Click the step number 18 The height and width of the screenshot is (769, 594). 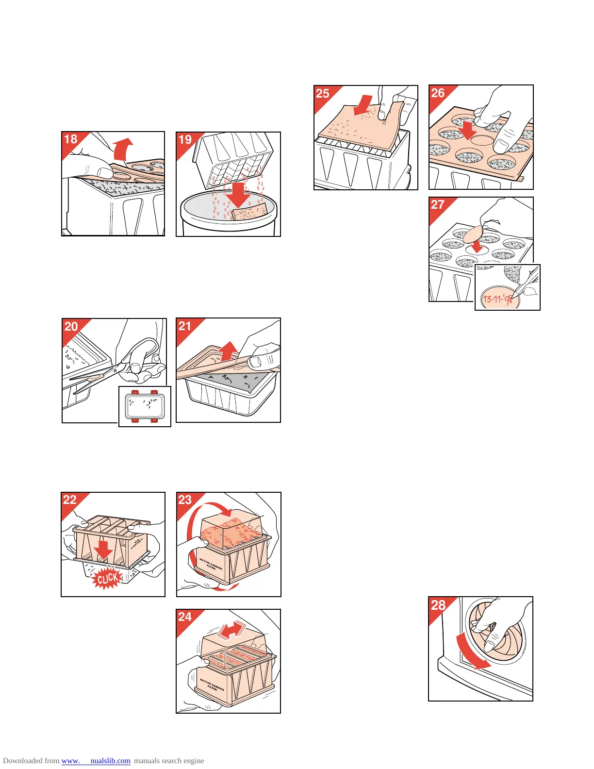pos(71,140)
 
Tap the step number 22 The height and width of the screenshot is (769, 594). pos(70,500)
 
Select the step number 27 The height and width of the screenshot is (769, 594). pos(438,205)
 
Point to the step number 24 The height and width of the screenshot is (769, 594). pos(185,617)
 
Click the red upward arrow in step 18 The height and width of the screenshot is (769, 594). pos(123,149)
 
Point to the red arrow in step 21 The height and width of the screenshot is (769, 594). pos(229,351)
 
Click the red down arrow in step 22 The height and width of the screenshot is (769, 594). pos(103,550)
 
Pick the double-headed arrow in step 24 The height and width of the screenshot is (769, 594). pos(231,630)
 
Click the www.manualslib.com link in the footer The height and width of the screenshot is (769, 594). pos(96,761)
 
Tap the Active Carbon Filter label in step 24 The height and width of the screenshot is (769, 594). pos(212,684)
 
